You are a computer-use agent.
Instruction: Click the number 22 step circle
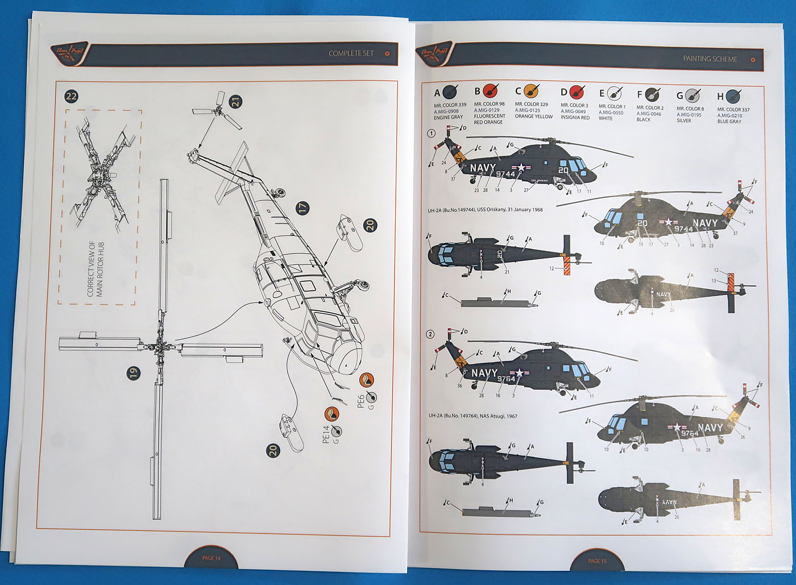pyautogui.click(x=71, y=96)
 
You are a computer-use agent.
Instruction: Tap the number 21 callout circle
pyautogui.click(x=235, y=102)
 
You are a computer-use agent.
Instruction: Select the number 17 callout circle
pyautogui.click(x=303, y=207)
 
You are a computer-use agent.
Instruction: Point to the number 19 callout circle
pyautogui.click(x=132, y=373)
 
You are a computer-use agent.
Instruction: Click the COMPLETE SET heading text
pyautogui.click(x=351, y=53)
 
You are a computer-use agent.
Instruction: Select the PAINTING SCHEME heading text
pyautogui.click(x=710, y=59)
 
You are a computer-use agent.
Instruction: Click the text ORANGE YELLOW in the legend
pyautogui.click(x=533, y=116)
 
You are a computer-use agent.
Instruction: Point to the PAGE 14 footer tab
pyautogui.click(x=211, y=558)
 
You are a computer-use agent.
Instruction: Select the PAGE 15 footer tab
pyautogui.click(x=597, y=561)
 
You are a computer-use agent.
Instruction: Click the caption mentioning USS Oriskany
pyautogui.click(x=485, y=210)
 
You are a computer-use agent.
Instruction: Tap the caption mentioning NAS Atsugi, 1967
pyautogui.click(x=472, y=416)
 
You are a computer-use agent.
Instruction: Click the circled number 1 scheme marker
pyautogui.click(x=432, y=133)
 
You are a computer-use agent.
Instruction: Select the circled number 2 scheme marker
pyautogui.click(x=430, y=334)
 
